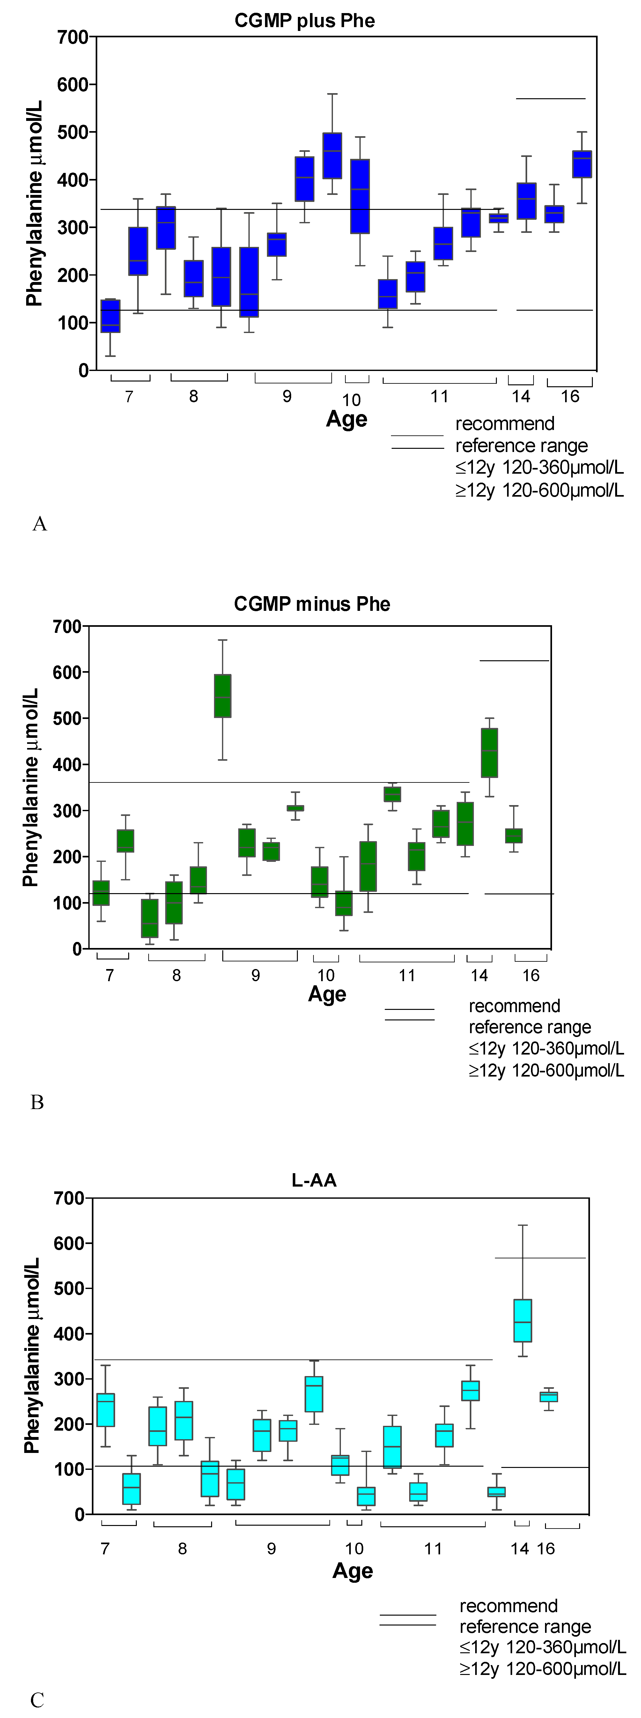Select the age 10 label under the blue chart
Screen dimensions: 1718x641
tap(351, 400)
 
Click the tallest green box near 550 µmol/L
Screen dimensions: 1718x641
tap(222, 696)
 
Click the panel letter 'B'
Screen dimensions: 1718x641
tap(37, 1102)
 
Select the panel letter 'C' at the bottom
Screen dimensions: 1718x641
tap(37, 1700)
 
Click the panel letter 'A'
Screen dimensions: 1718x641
tap(39, 524)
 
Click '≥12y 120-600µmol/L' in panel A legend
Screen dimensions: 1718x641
tap(540, 490)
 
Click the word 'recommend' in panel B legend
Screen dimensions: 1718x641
tap(514, 1006)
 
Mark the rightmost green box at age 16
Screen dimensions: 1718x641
tap(514, 836)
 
